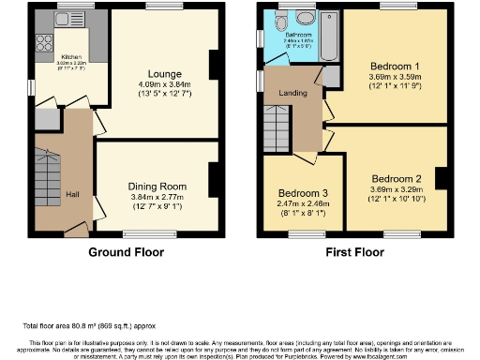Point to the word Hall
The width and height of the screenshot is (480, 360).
[72, 194]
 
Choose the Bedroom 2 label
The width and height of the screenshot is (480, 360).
[396, 179]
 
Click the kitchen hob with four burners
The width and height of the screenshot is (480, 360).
[42, 41]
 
